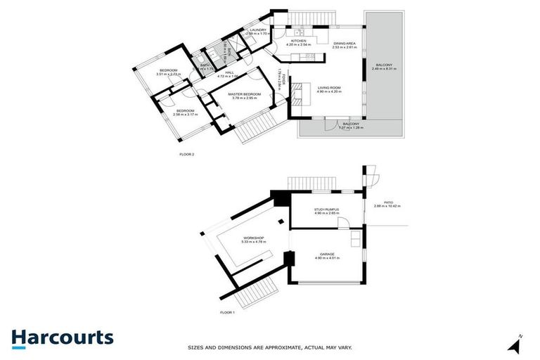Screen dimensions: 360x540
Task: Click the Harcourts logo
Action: pyautogui.click(x=62, y=337)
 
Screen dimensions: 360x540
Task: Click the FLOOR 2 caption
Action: pyautogui.click(x=186, y=153)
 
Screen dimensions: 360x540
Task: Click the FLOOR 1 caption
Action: pyautogui.click(x=226, y=311)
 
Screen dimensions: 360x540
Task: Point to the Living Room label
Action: pyautogui.click(x=328, y=87)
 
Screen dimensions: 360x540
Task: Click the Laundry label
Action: pyautogui.click(x=257, y=30)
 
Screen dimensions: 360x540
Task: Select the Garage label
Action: pyautogui.click(x=327, y=253)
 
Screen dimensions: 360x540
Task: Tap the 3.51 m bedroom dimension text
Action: pyautogui.click(x=169, y=74)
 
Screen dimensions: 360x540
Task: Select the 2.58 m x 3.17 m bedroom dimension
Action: pyautogui.click(x=185, y=115)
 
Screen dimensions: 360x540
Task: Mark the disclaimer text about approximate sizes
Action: pyautogui.click(x=269, y=347)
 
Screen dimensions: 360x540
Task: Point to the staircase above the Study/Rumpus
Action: pyautogui.click(x=310, y=181)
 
